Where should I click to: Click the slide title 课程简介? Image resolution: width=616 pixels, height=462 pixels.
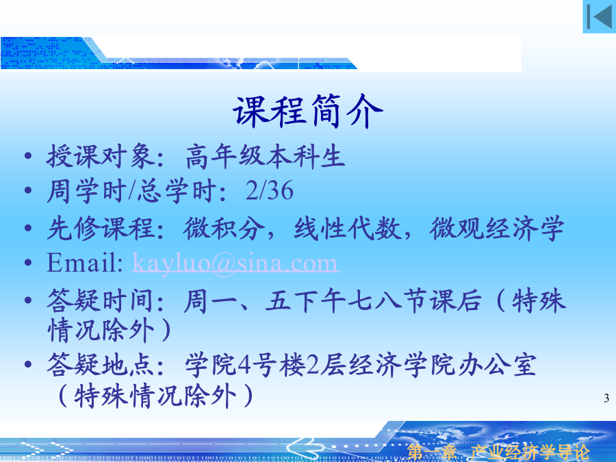click(308, 111)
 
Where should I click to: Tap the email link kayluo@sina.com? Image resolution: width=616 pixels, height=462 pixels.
click(235, 263)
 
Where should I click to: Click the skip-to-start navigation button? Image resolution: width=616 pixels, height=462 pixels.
click(599, 16)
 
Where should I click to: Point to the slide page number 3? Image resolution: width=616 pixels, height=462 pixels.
click(606, 398)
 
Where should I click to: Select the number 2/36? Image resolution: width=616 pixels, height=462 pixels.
click(270, 190)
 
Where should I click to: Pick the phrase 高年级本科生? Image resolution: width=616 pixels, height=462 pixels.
click(265, 156)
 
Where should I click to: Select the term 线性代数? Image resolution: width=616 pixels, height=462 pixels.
click(347, 228)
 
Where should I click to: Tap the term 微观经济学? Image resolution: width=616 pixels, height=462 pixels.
click(497, 228)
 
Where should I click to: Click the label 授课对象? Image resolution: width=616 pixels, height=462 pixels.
click(100, 156)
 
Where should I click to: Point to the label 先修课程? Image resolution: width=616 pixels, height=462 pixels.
click(100, 228)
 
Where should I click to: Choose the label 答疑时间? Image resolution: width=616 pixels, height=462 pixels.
click(100, 300)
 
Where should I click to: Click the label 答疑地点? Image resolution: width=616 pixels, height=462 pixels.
click(100, 365)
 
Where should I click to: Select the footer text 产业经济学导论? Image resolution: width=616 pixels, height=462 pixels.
click(530, 452)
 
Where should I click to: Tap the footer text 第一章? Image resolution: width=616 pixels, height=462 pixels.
click(431, 452)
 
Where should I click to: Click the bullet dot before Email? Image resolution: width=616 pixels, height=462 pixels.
click(28, 262)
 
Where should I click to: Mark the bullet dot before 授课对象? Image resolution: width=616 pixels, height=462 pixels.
click(28, 156)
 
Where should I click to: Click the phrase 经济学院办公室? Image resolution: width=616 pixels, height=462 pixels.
click(442, 365)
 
